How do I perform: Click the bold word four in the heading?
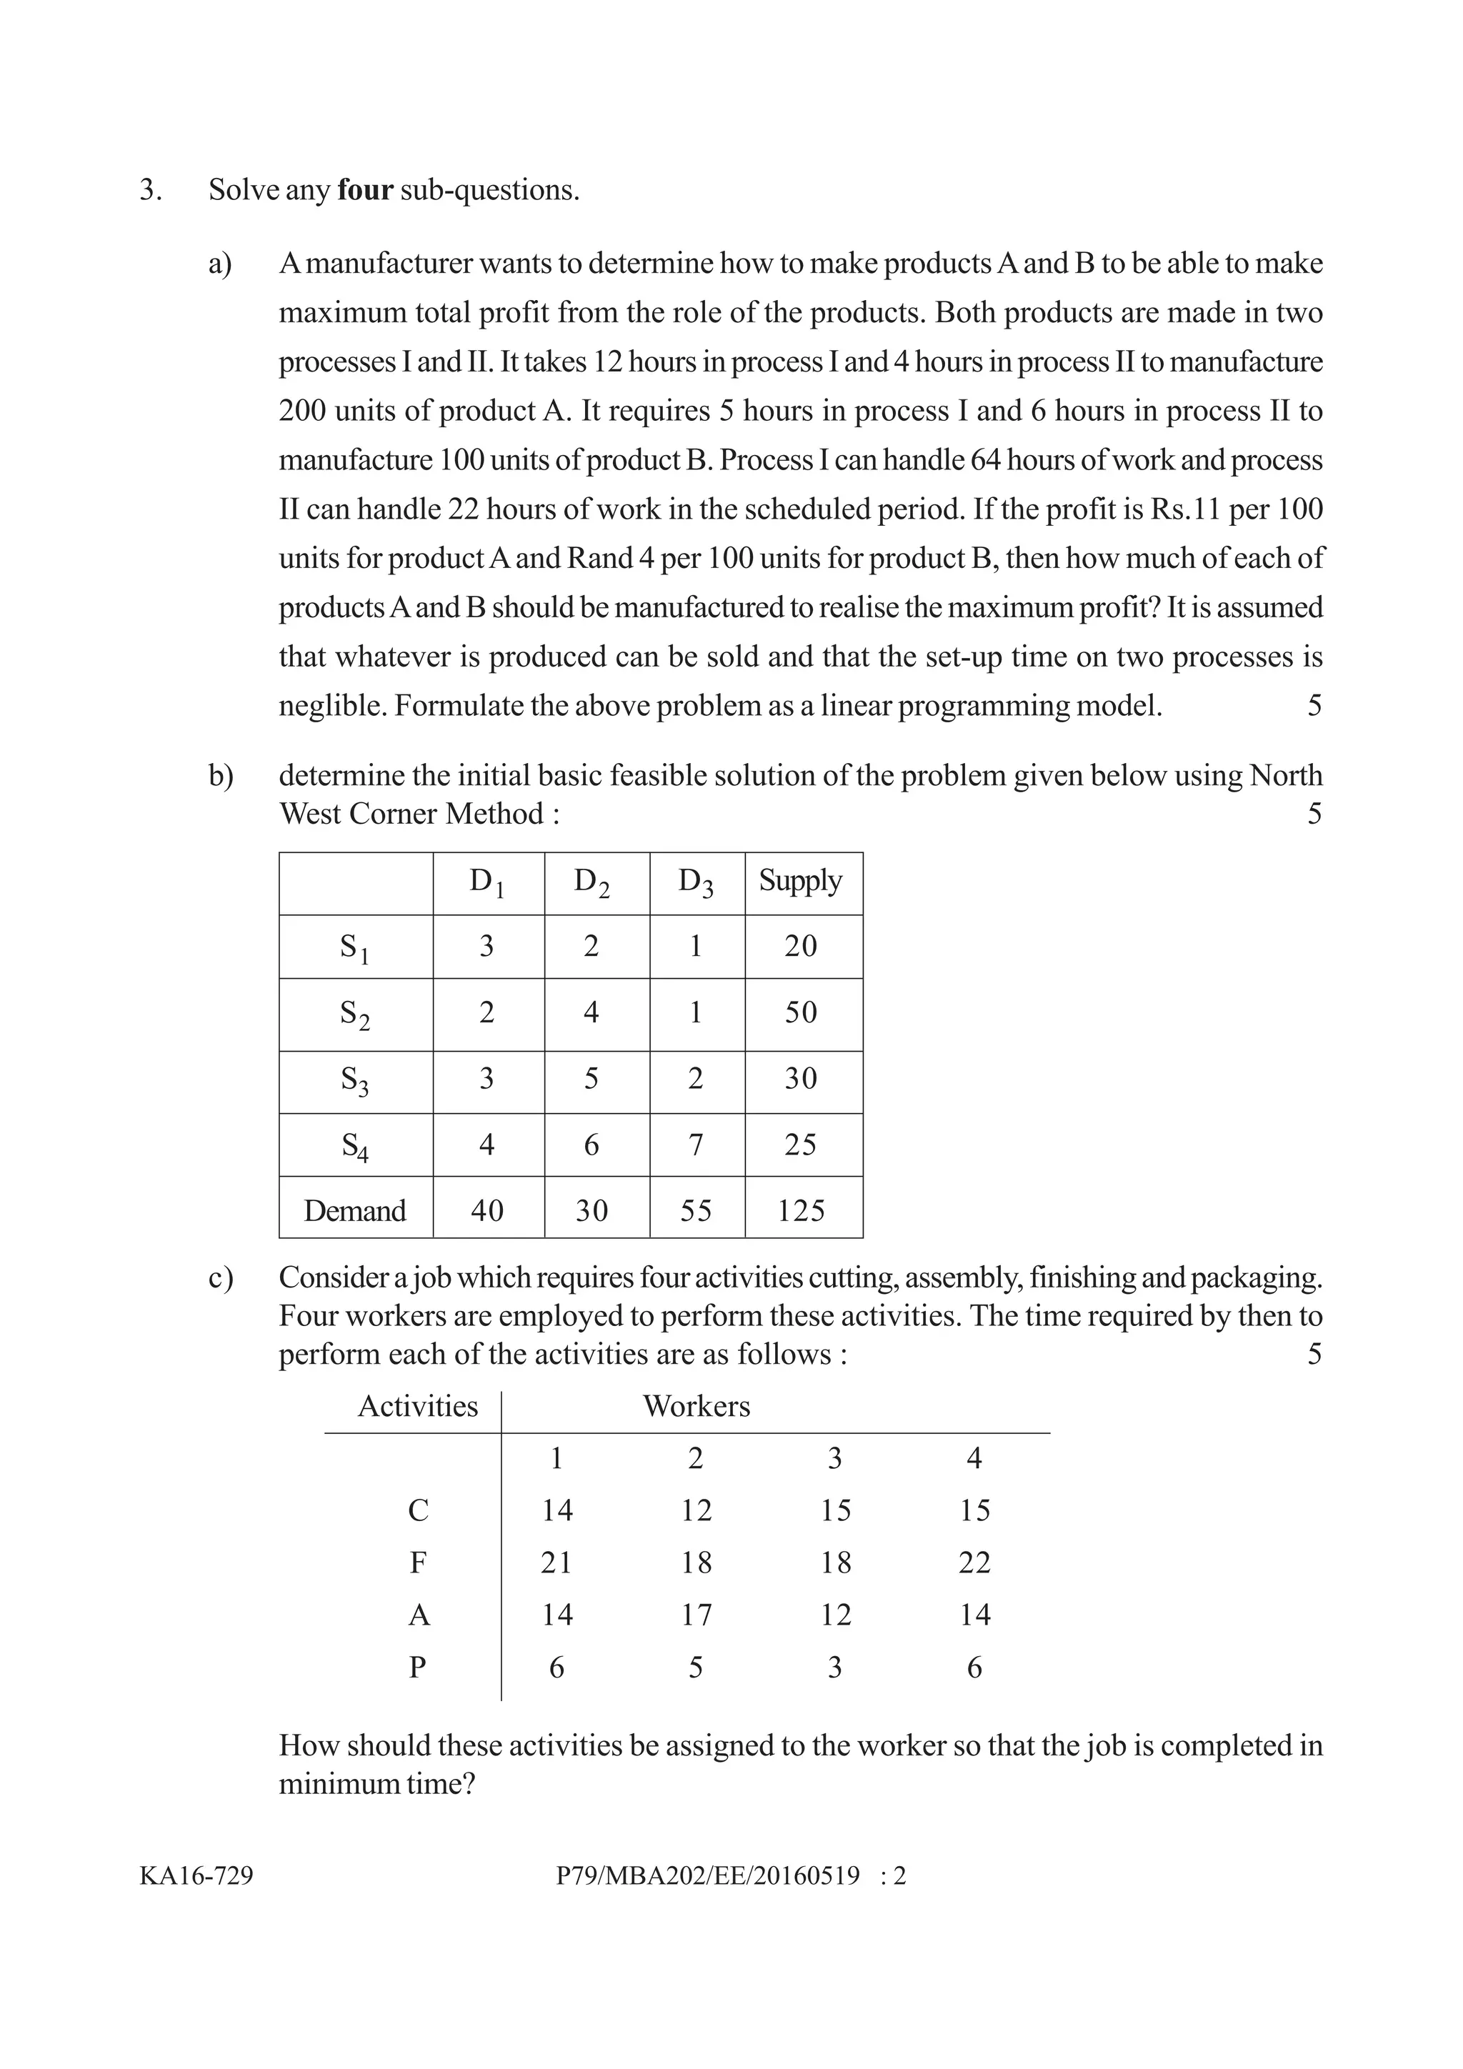(365, 190)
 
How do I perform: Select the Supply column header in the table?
(800, 880)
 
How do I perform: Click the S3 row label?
(354, 1080)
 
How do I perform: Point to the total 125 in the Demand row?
(800, 1210)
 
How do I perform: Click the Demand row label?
(355, 1210)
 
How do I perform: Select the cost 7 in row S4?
(696, 1145)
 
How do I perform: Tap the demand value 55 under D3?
(696, 1210)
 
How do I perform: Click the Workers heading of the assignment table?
(696, 1406)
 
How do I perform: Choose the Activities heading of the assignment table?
(418, 1406)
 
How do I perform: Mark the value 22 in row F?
(974, 1562)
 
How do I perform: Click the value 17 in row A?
(696, 1614)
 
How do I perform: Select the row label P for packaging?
(418, 1667)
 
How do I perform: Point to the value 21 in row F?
(556, 1562)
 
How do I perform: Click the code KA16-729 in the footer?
(196, 1875)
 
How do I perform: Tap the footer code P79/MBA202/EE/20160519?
(708, 1875)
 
